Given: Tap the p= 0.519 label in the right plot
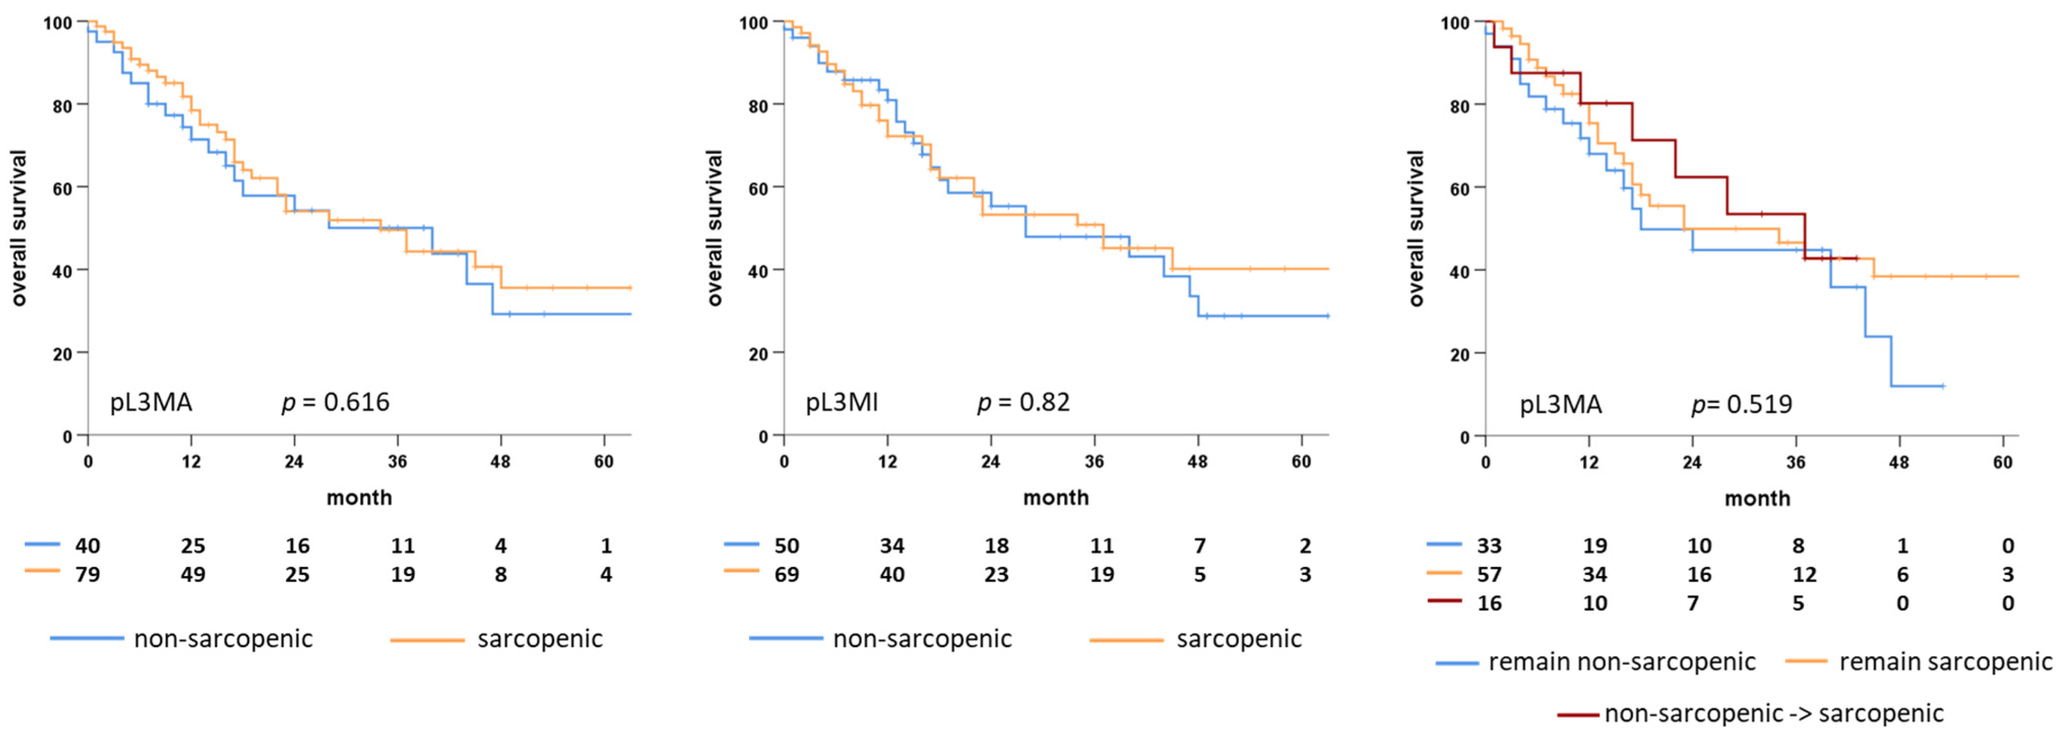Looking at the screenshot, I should (x=1741, y=404).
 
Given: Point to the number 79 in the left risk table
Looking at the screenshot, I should (x=87, y=574).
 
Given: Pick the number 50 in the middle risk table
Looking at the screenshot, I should (x=786, y=546).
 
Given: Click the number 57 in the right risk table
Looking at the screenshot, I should (x=1489, y=574).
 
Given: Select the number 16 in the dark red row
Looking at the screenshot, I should (x=1489, y=603).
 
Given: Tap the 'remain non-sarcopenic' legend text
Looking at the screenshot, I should (x=1622, y=662).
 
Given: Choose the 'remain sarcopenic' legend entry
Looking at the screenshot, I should (x=1945, y=662).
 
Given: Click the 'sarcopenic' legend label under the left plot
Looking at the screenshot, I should (x=539, y=639).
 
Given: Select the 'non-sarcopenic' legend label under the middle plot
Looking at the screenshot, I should (x=922, y=639).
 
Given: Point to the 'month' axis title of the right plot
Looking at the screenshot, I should (x=1757, y=498).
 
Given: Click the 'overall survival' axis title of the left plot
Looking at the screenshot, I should (x=19, y=228).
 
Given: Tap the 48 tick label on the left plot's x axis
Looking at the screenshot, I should (x=500, y=462).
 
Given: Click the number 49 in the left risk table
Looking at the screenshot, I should (x=192, y=574).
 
